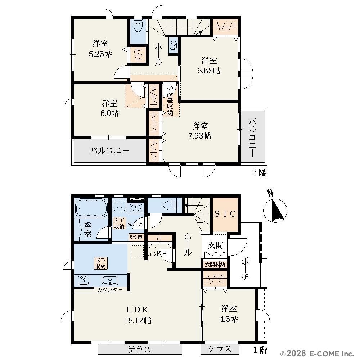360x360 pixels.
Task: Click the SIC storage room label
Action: pyautogui.click(x=225, y=214)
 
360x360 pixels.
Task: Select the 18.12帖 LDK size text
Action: pyautogui.click(x=138, y=320)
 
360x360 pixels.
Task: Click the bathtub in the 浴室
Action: pyautogui.click(x=91, y=208)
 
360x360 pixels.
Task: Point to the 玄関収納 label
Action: pyautogui.click(x=215, y=265)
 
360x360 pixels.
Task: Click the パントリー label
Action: pyautogui.click(x=157, y=254)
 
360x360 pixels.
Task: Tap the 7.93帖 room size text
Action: pyautogui.click(x=199, y=136)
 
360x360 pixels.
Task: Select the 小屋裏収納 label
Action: pyautogui.click(x=170, y=100)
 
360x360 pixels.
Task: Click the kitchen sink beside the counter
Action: pyautogui.click(x=110, y=280)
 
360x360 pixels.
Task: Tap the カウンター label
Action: pyautogui.click(x=110, y=290)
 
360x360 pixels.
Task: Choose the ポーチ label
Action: pyautogui.click(x=245, y=269)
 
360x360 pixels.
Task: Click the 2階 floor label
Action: pyautogui.click(x=260, y=172)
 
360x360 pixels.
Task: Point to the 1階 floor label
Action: pyautogui.click(x=260, y=350)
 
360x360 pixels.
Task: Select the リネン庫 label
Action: pyautogui.click(x=136, y=237)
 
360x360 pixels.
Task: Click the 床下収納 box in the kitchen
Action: pyautogui.click(x=100, y=264)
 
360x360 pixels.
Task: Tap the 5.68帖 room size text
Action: pyautogui.click(x=209, y=71)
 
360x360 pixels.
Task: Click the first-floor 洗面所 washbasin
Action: pyautogui.click(x=136, y=208)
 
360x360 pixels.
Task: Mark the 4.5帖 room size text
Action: pyautogui.click(x=229, y=319)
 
